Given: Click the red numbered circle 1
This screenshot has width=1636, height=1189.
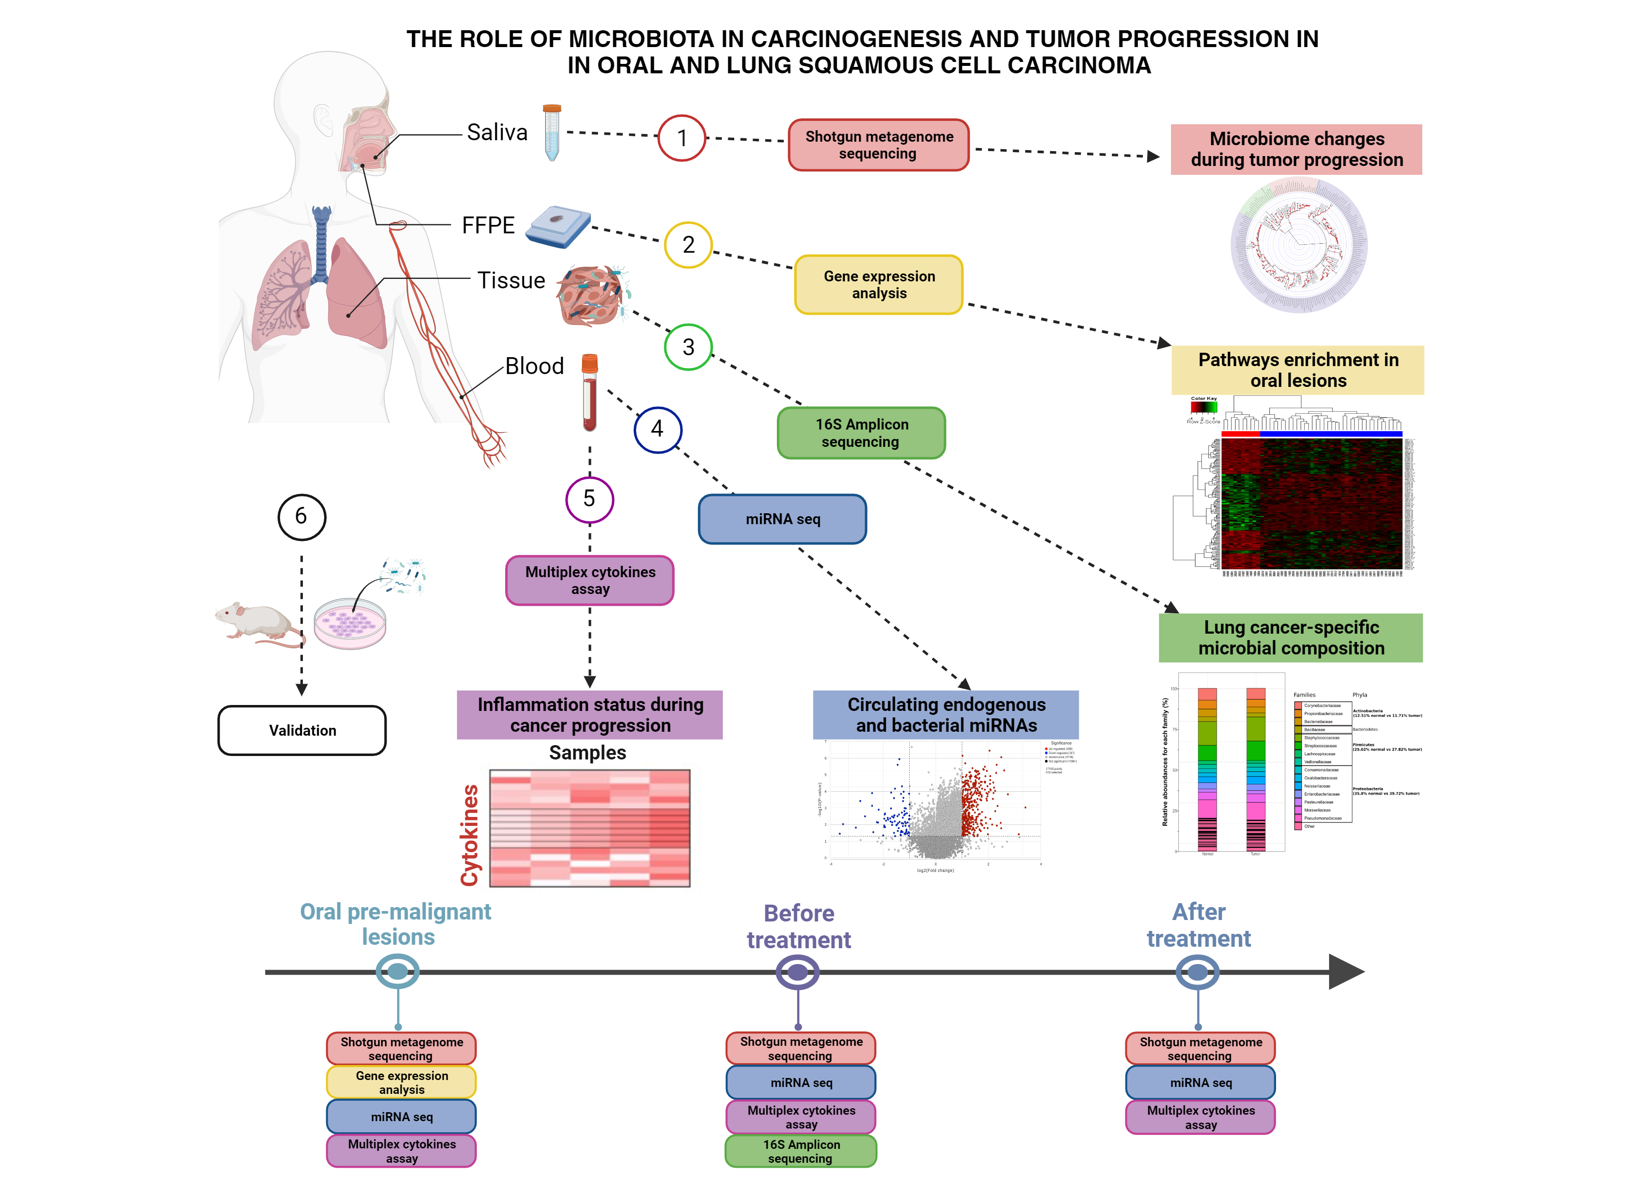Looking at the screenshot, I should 681,138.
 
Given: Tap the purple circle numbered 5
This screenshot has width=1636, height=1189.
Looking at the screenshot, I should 589,499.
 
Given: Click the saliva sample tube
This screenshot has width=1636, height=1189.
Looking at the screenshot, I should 552,133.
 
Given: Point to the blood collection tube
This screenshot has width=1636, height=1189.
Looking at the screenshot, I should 589,393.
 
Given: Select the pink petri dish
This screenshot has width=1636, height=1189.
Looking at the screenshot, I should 350,624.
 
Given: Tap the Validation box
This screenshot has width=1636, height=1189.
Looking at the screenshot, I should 302,730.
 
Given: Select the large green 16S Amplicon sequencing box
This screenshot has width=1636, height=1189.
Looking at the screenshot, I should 861,432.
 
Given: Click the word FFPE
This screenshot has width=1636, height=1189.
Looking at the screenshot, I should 488,226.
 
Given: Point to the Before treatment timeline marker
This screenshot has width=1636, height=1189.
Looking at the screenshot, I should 797,972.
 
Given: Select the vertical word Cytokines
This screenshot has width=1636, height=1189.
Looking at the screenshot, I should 469,835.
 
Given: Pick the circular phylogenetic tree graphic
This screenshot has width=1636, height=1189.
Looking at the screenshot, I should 1298,245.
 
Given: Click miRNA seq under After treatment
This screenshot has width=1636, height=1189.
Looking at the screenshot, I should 1200,1082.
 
